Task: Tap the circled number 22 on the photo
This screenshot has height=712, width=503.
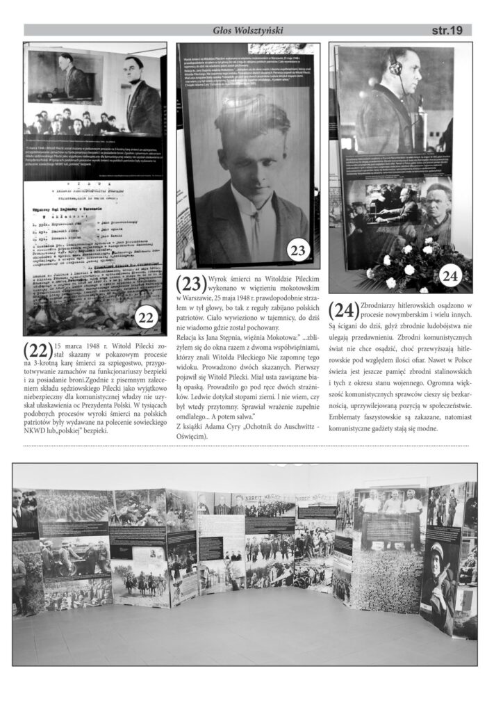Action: (146, 318)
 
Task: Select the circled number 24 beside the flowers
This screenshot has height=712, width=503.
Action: (450, 276)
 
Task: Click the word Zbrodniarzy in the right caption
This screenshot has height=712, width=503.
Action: (386, 305)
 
